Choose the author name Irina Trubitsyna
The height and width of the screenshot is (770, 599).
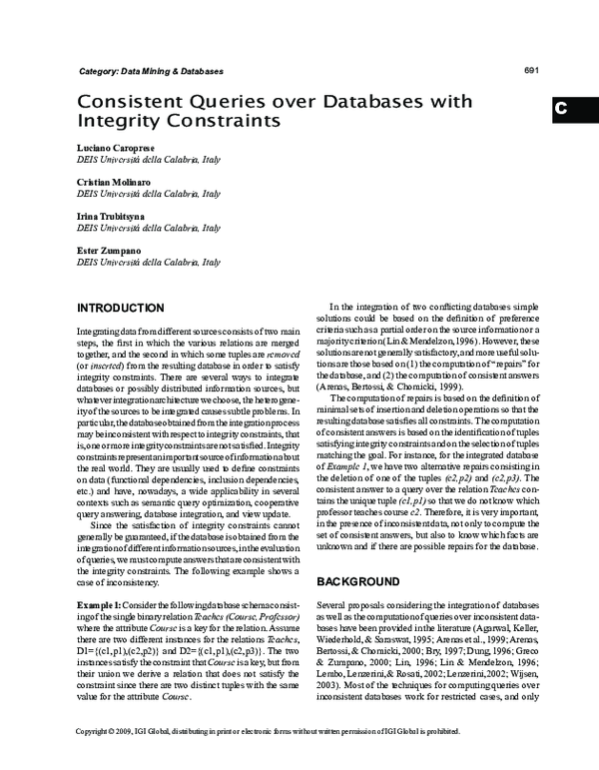coord(111,215)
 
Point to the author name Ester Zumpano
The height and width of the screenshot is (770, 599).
coord(108,249)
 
